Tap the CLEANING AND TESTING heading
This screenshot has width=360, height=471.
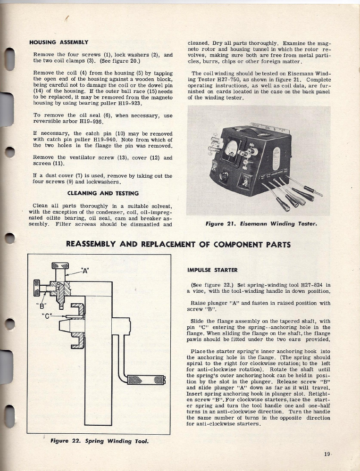pyautogui.click(x=103, y=193)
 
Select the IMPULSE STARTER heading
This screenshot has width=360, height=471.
pyautogui.click(x=212, y=270)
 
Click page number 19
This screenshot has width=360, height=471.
pyautogui.click(x=327, y=454)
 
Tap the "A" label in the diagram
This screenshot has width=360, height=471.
pyautogui.click(x=84, y=271)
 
